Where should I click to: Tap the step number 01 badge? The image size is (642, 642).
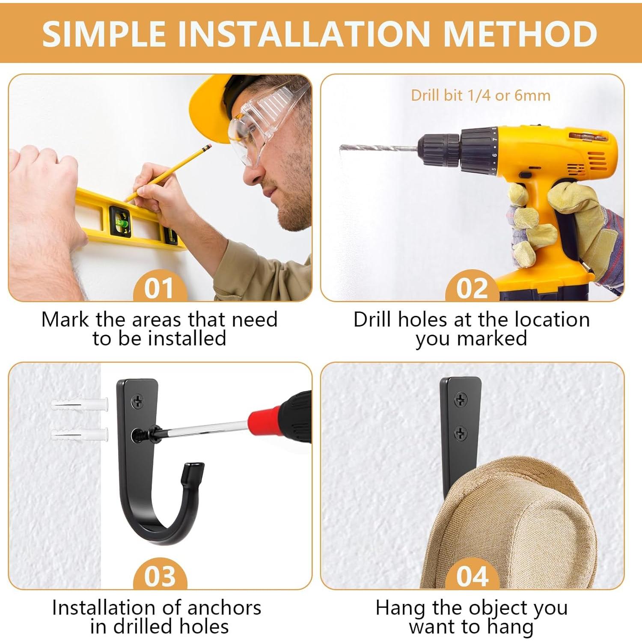(160, 286)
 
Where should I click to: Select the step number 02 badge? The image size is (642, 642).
(472, 286)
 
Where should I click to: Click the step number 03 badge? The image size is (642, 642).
(160, 574)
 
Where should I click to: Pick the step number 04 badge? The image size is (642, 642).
(472, 574)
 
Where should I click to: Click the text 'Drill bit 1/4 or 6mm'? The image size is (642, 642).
(481, 95)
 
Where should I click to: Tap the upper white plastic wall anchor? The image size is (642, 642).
(80, 404)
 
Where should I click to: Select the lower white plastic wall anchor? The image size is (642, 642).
(80, 434)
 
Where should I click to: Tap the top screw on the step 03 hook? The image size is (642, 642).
(138, 401)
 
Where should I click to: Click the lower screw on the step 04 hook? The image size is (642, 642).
(460, 433)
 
